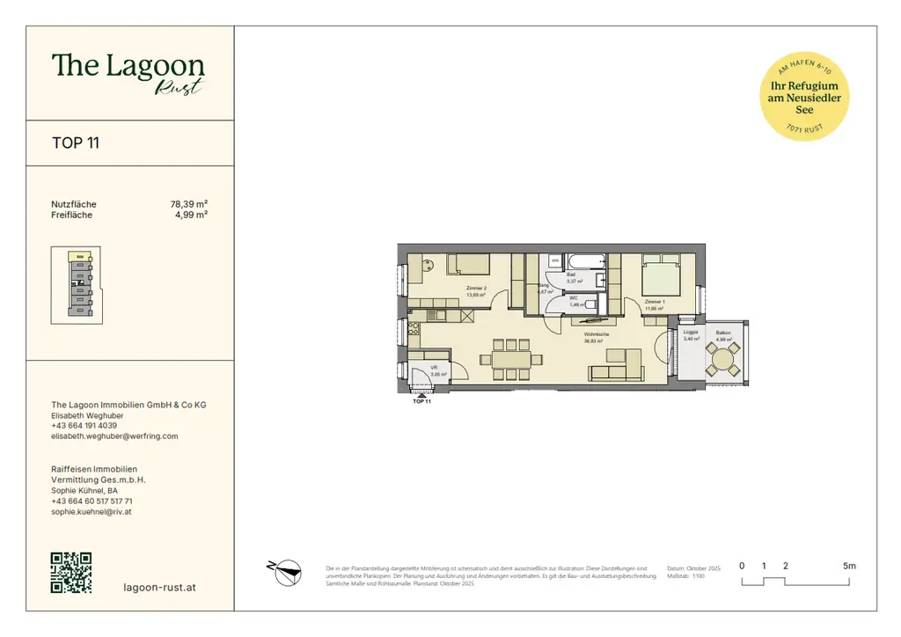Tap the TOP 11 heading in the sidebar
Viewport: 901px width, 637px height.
tap(76, 143)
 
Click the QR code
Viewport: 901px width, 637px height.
tap(71, 572)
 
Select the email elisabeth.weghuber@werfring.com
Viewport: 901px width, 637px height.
tap(114, 436)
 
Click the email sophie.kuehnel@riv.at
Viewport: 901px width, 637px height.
tap(92, 511)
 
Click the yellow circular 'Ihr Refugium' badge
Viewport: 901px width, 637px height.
tap(804, 97)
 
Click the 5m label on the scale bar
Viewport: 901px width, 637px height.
tap(848, 566)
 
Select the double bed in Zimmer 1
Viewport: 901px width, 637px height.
tap(661, 275)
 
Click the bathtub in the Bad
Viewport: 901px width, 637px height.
tap(585, 261)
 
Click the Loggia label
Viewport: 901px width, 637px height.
tap(691, 333)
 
